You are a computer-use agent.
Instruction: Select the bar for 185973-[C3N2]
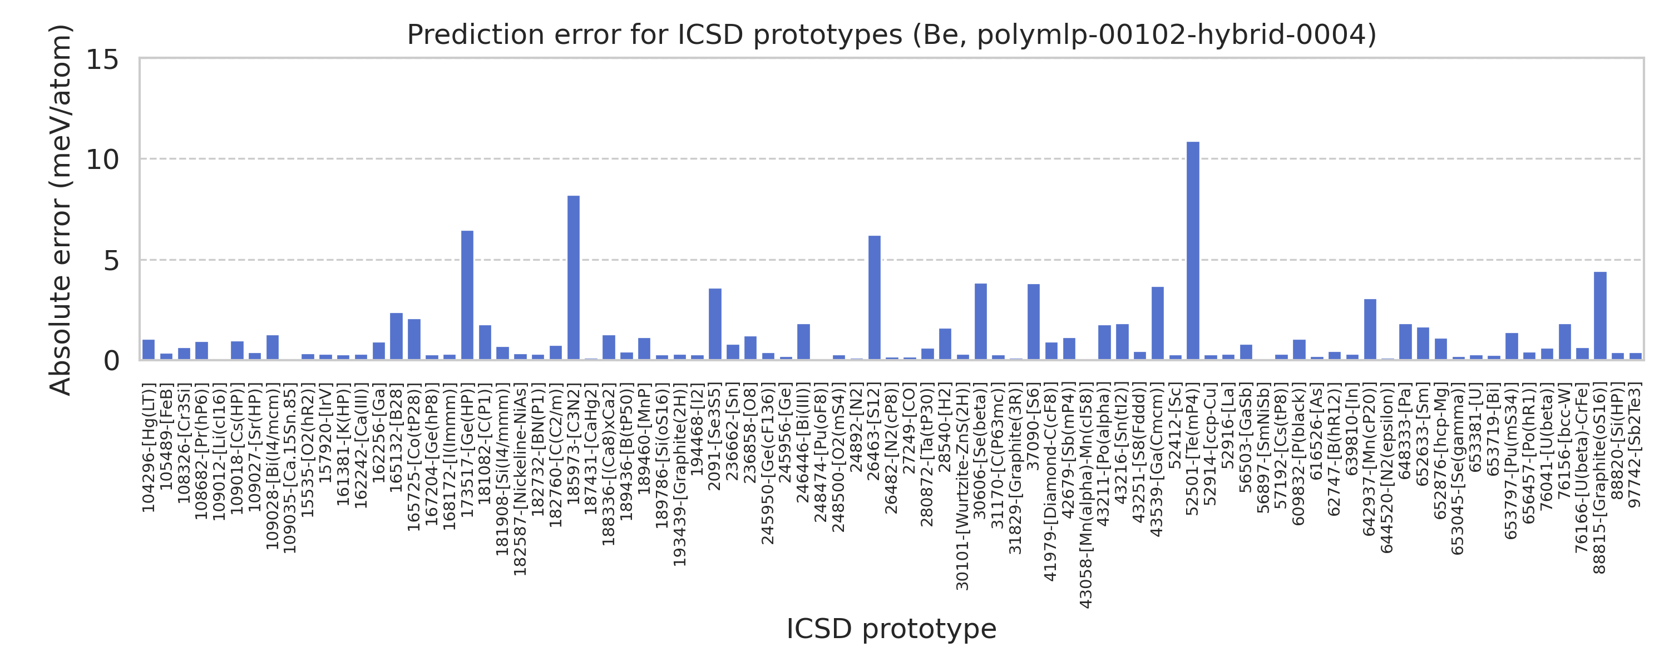click(574, 278)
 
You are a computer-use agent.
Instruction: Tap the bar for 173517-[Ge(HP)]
click(467, 295)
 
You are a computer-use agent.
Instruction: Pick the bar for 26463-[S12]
click(875, 298)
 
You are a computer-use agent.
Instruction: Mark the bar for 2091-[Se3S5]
click(715, 325)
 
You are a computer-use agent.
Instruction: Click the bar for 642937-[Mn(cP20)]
click(1370, 330)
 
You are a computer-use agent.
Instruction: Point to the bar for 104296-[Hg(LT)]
click(149, 350)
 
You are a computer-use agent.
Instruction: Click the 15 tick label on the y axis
click(102, 60)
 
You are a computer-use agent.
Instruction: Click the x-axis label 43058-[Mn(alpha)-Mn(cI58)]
click(1087, 496)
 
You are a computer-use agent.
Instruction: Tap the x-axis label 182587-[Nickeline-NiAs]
click(520, 480)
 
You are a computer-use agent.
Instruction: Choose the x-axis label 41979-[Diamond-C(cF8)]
click(1051, 482)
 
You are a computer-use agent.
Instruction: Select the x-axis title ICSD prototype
click(891, 629)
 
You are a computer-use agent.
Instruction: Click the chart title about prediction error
click(891, 34)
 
